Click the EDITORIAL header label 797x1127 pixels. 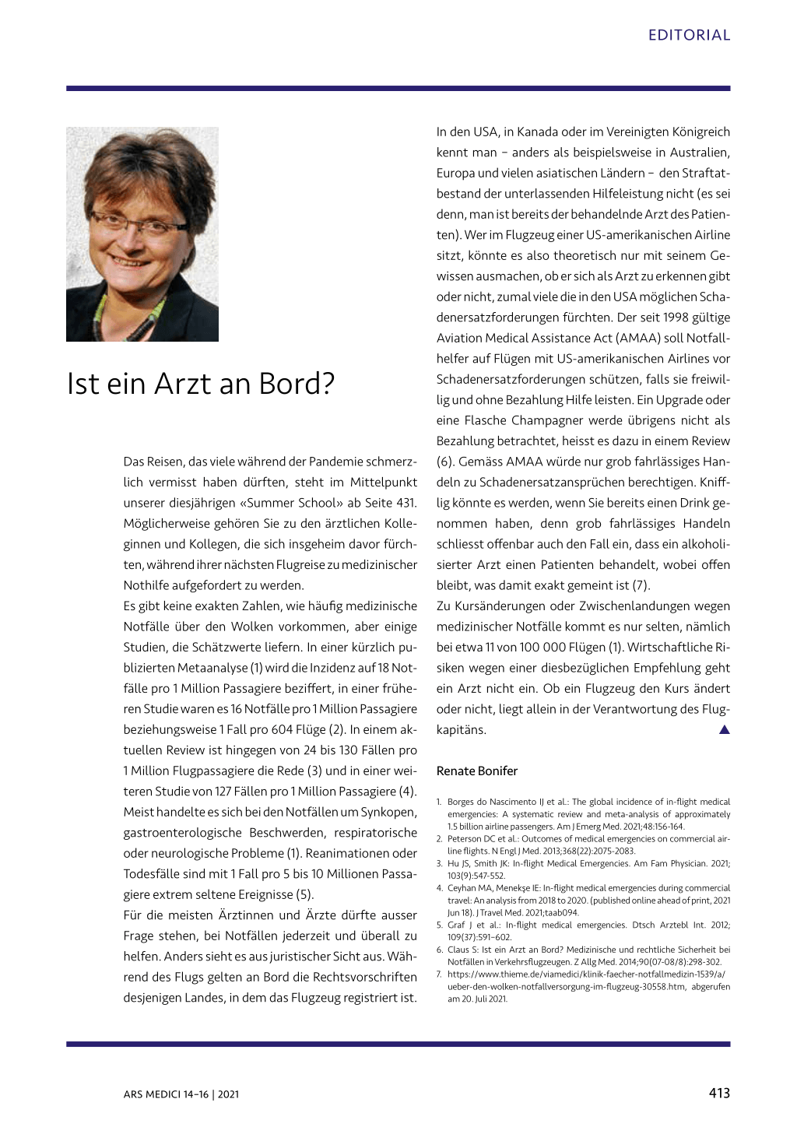(x=689, y=35)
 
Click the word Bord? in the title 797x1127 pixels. (x=293, y=384)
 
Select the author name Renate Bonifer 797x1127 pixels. (x=476, y=771)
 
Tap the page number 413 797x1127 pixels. (x=719, y=1093)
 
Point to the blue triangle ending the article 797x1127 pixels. (x=724, y=729)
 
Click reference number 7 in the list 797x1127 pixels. (x=439, y=974)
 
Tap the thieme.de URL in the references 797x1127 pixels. (x=585, y=974)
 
